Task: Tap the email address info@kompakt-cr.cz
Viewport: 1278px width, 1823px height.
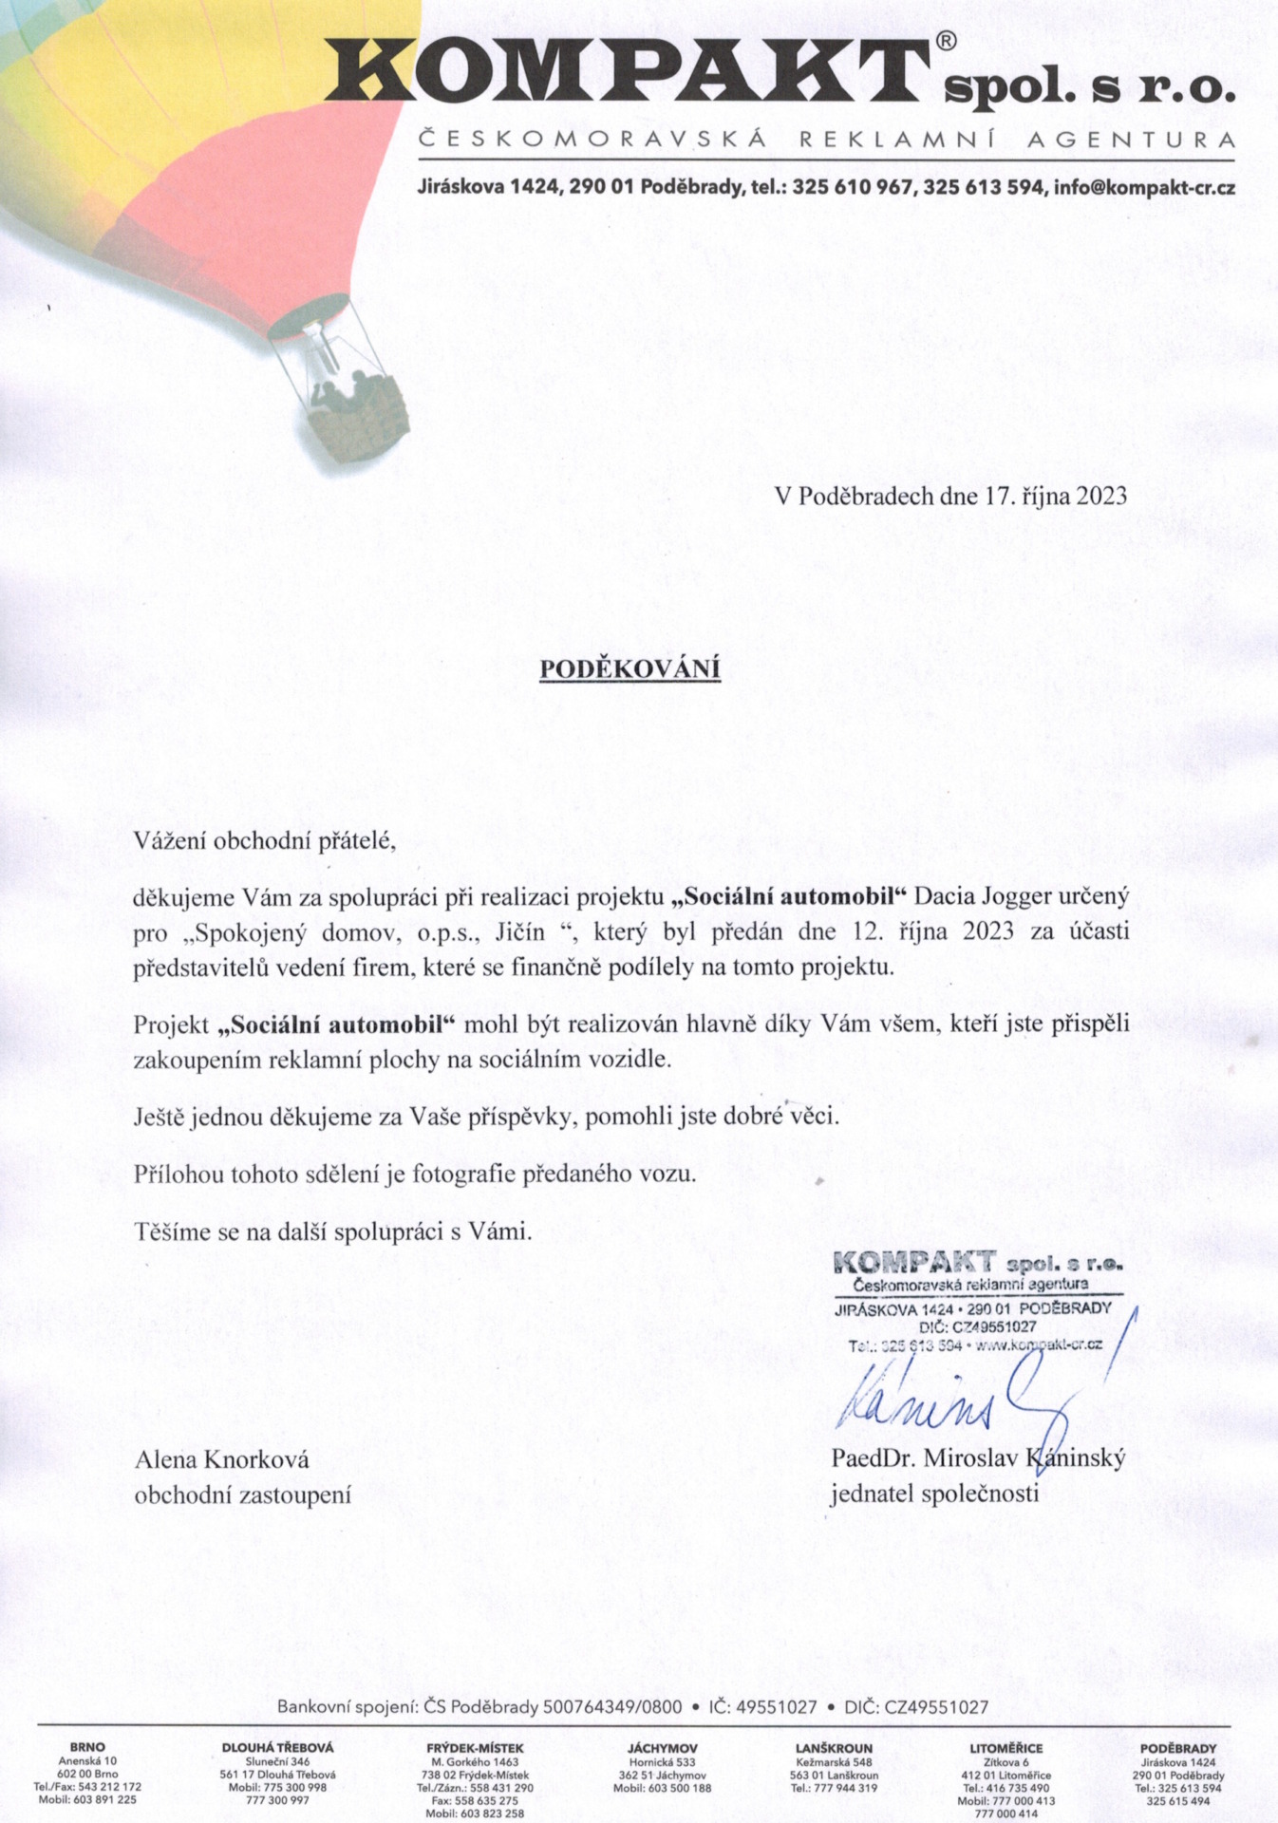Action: (x=1144, y=188)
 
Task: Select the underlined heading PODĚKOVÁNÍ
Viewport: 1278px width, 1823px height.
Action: (x=630, y=669)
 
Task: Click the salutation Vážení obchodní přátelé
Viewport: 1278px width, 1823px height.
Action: (x=264, y=840)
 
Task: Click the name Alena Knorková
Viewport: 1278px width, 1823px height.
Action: (x=221, y=1459)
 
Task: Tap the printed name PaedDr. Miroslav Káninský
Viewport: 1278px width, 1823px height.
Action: (x=978, y=1457)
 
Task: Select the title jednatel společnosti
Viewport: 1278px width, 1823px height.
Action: (x=934, y=1494)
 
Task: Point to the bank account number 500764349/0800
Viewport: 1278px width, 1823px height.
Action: (x=612, y=1706)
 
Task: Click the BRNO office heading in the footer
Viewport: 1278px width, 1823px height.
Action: (x=87, y=1747)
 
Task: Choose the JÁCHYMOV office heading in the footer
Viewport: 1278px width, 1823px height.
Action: (x=662, y=1748)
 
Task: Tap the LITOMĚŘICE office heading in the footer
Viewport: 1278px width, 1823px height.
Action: (x=1005, y=1748)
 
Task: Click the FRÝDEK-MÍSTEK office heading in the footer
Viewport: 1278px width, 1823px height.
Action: (x=475, y=1748)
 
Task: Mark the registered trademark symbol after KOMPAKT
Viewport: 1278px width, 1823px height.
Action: (x=946, y=42)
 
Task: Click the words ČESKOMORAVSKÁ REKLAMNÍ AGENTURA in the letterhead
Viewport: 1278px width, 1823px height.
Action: (x=827, y=141)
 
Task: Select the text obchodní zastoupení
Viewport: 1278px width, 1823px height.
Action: (x=242, y=1495)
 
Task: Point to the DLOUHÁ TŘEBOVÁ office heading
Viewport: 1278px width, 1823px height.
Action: (x=277, y=1748)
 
